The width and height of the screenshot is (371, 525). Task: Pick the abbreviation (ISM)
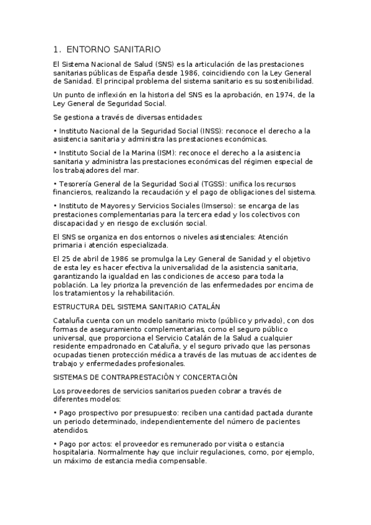click(160, 152)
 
